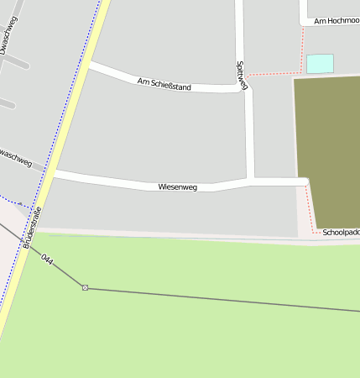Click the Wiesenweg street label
(x=177, y=187)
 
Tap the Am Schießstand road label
(x=164, y=84)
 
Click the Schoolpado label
(x=341, y=232)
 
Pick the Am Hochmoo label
(x=334, y=18)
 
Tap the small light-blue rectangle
(x=320, y=64)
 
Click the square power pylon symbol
(x=85, y=288)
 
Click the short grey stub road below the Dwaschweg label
(x=7, y=104)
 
